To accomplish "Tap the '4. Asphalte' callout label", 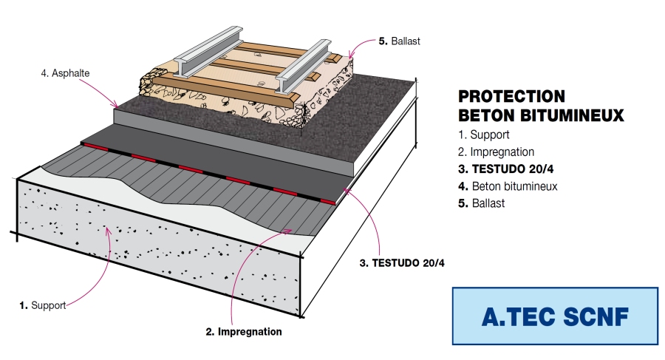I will (66, 74).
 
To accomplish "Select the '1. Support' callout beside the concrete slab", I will (43, 305).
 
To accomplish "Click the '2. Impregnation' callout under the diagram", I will (244, 332).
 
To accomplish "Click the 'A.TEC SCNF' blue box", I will (555, 316).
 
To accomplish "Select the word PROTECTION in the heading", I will (511, 97).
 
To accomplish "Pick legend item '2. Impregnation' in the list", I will (496, 152).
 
